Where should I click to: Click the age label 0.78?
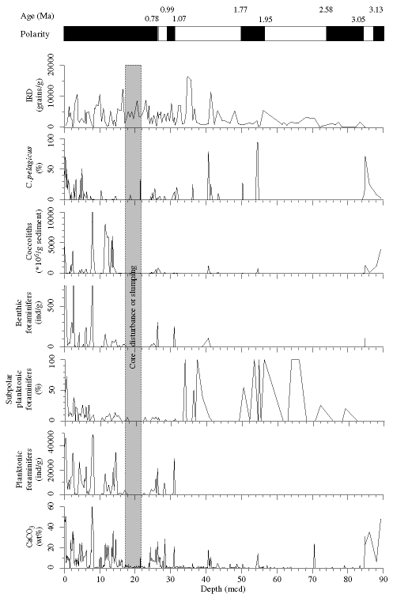point(152,19)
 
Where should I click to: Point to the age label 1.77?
point(240,10)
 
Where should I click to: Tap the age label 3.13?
point(376,10)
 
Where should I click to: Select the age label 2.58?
point(326,10)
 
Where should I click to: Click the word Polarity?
point(35,34)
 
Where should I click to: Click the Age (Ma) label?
point(37,16)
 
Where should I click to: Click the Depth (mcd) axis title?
point(223,589)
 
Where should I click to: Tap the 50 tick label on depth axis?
point(242,579)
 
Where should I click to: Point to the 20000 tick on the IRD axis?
point(53,65)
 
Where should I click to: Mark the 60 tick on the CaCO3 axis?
point(57,505)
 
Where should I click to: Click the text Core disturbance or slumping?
point(133,316)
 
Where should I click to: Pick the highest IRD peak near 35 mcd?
point(187,77)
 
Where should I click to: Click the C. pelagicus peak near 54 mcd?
point(257,142)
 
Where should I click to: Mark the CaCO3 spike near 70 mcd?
point(314,544)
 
